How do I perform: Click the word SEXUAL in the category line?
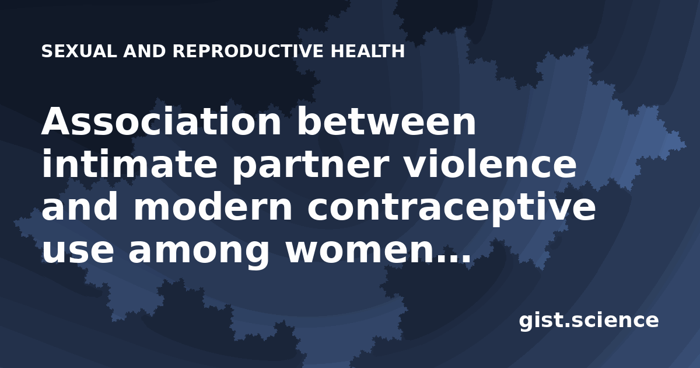(x=79, y=51)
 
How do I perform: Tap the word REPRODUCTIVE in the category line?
(x=248, y=51)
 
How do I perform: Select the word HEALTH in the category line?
(x=368, y=51)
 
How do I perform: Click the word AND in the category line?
(x=145, y=51)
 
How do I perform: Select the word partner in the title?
(x=310, y=166)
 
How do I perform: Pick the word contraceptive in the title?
(x=452, y=210)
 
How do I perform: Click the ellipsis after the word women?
(x=453, y=258)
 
